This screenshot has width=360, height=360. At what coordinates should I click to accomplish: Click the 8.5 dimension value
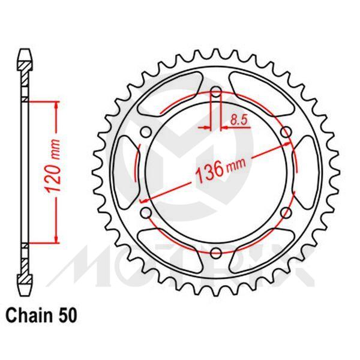click(x=239, y=119)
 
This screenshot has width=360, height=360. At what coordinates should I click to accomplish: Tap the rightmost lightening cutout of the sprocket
click(x=307, y=172)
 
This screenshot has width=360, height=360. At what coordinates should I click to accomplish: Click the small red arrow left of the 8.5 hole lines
click(x=208, y=127)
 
